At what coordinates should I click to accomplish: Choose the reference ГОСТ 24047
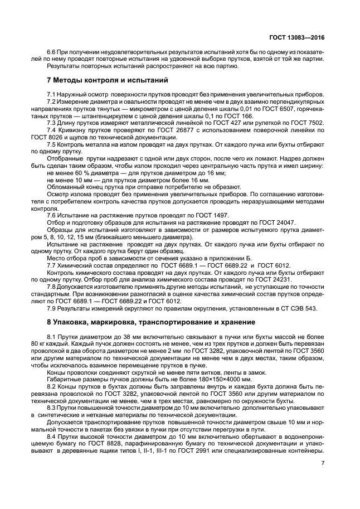point(275,222)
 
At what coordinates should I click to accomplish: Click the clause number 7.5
point(53,143)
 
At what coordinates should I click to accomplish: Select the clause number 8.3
point(53,407)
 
